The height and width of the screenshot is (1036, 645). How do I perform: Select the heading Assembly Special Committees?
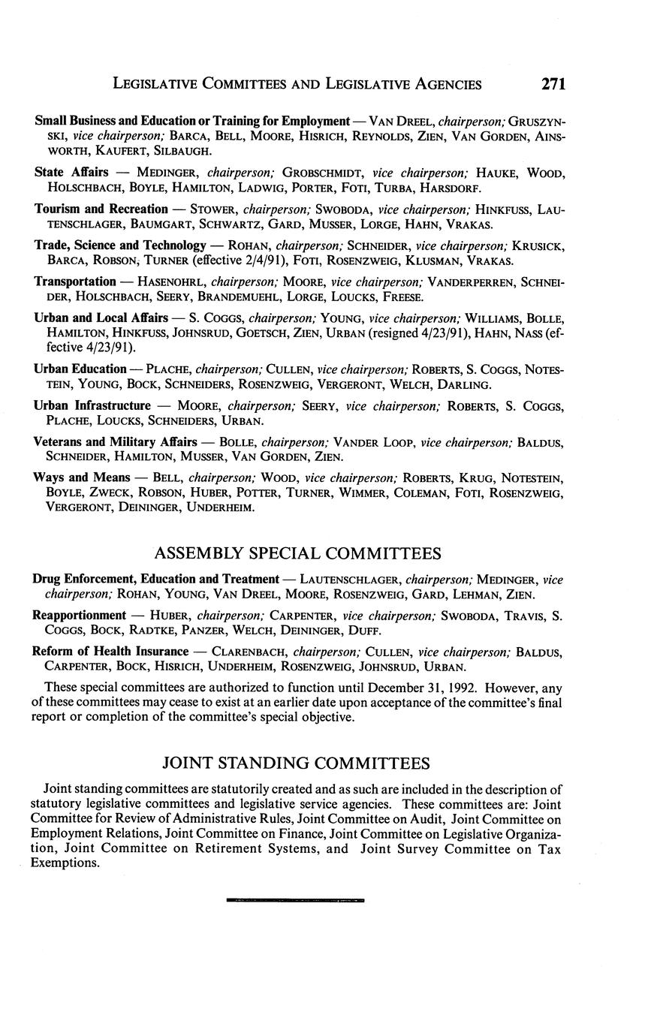[297, 554]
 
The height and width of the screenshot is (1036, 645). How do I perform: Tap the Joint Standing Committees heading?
[297, 763]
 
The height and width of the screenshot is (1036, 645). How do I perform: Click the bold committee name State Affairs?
[71, 173]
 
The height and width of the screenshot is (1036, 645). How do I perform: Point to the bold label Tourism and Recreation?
[101, 209]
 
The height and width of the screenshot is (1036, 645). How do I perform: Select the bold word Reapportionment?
[79, 616]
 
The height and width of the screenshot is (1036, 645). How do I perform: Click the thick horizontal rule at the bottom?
[294, 899]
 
